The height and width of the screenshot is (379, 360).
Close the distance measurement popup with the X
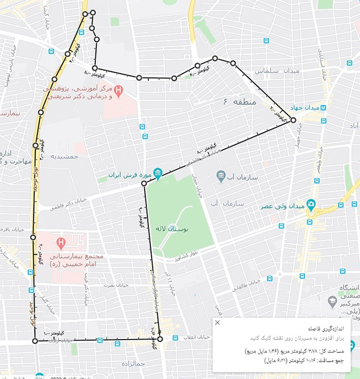(217, 323)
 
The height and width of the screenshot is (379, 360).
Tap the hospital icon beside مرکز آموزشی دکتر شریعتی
(118, 91)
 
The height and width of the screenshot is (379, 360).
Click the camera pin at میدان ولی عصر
(311, 204)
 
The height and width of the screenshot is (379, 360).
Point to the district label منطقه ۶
(239, 102)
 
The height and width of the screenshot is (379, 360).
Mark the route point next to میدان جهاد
(293, 120)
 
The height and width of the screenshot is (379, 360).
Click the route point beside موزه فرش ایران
(144, 183)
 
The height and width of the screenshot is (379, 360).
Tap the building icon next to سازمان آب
(221, 175)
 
